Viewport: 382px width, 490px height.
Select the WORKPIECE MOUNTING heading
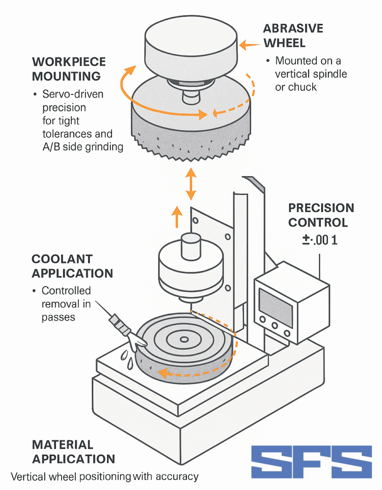69,69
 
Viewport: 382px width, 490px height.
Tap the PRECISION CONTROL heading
321,215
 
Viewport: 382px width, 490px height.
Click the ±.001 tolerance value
319,240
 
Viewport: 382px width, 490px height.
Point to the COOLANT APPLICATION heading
72,266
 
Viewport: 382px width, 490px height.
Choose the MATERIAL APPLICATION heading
73,452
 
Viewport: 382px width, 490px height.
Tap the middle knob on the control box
275,326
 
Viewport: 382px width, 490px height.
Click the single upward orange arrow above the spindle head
177,217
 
